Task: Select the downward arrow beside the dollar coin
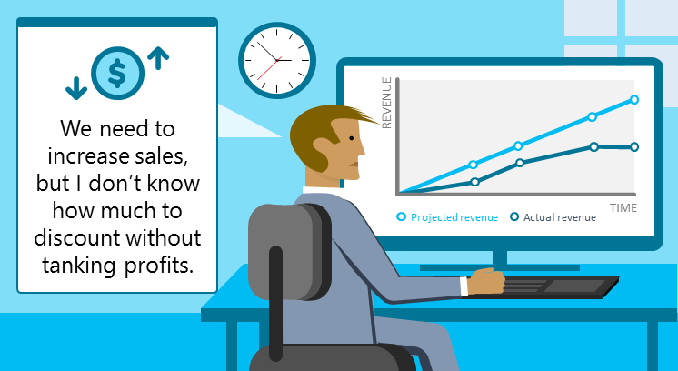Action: point(75,86)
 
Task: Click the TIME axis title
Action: point(623,208)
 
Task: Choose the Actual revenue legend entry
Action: point(553,217)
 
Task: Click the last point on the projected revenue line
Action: point(634,99)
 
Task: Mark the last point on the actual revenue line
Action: point(634,146)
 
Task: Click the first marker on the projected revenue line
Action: point(474,165)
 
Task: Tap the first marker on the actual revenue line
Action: point(474,182)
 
